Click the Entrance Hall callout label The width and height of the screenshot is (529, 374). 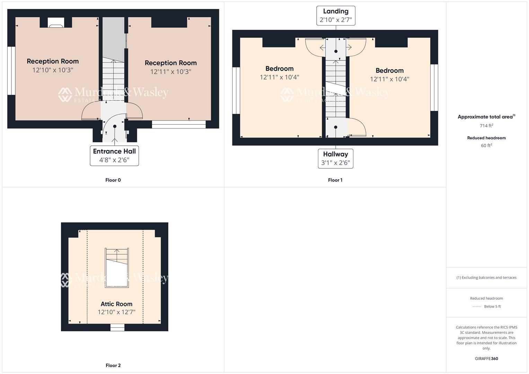coord(114,156)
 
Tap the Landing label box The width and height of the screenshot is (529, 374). coord(335,16)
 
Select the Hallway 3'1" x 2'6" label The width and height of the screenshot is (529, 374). coord(335,159)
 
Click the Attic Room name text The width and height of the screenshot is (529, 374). coord(116,304)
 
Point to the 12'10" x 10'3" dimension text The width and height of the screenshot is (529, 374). coord(53,70)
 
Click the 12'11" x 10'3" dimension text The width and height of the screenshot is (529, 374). coord(170,72)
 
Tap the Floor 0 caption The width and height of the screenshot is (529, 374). coord(113,180)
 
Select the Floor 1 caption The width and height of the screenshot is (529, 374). coord(335,180)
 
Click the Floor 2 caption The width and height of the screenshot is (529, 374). coord(113,365)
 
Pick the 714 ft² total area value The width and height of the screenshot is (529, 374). coord(486,126)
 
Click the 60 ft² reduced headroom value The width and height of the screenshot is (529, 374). coord(486,145)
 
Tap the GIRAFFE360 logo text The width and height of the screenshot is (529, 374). coord(486,359)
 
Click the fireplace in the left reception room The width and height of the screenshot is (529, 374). coord(55,25)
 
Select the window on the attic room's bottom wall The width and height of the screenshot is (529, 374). coord(117,327)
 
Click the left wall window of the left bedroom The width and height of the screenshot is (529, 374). coord(236,90)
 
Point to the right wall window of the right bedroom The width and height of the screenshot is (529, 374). coord(434,88)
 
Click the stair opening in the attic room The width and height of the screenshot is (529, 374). coord(117,268)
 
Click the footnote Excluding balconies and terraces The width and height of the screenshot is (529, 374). coord(486,277)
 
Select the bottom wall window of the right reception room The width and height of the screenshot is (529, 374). coord(179,124)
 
